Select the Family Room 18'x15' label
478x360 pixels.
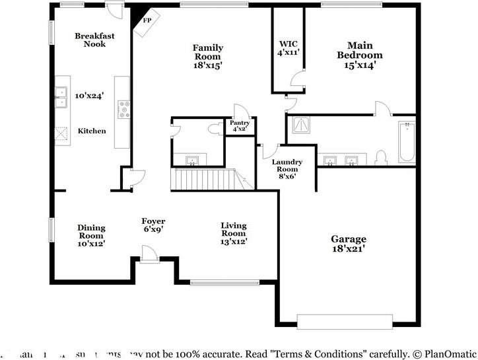pos(208,57)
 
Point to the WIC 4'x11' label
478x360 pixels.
pos(289,48)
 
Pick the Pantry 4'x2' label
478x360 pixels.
pos(239,126)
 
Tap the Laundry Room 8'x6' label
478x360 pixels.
pos(287,169)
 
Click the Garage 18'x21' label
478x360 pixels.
pos(349,244)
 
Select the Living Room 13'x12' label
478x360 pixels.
pos(233,234)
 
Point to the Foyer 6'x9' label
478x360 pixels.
pos(153,225)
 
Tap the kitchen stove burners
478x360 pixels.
pos(123,108)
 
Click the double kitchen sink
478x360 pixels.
pos(61,96)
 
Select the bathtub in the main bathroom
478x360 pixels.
pos(407,142)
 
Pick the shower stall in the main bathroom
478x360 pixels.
pos(300,124)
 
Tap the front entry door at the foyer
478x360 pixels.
pos(148,255)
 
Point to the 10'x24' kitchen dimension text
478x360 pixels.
pos(90,96)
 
